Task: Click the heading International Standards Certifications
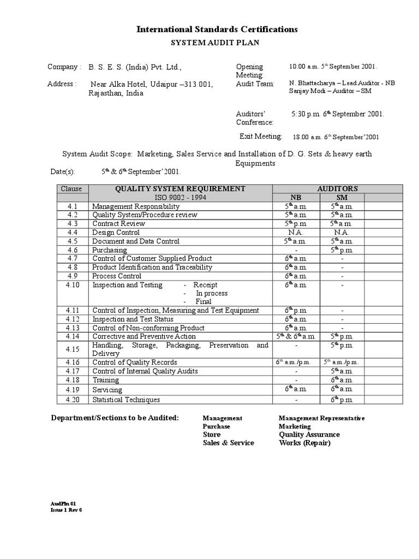[x=217, y=29]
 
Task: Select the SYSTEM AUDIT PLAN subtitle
[x=217, y=43]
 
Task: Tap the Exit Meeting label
[x=261, y=136]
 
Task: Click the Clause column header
[x=71, y=189]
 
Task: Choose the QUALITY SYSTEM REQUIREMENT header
[x=180, y=189]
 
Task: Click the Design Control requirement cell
[x=116, y=233]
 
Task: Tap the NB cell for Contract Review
[x=295, y=224]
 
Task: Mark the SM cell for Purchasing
[x=342, y=250]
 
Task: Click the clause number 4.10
[x=73, y=285]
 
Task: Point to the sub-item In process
[x=212, y=293]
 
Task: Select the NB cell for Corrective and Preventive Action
[x=295, y=337]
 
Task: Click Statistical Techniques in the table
[x=126, y=400]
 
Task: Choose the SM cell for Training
[x=342, y=380]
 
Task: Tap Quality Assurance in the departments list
[x=309, y=435]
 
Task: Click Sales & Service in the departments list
[x=228, y=443]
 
